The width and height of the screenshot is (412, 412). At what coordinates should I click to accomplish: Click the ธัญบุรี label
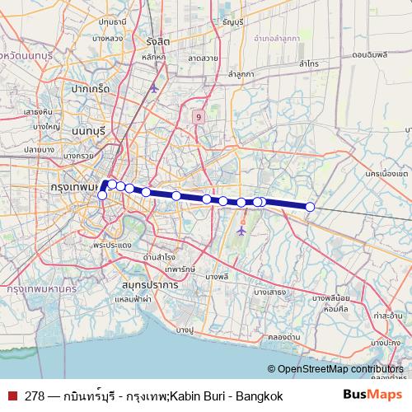pos(235,23)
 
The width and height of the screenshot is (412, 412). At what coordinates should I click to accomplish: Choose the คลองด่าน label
pos(283,336)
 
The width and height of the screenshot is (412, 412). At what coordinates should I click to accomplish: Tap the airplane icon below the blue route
pos(241,231)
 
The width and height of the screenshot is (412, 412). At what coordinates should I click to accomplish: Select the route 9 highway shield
pos(199,116)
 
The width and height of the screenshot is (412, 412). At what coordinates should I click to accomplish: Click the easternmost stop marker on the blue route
pos(310,207)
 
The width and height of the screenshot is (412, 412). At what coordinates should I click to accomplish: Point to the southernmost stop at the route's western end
pos(102,195)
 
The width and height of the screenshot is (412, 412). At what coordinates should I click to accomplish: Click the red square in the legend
pos(13,396)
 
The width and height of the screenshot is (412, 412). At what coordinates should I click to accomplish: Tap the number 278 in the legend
pos(35,396)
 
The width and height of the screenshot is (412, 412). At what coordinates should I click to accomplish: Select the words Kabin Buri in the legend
pos(194,396)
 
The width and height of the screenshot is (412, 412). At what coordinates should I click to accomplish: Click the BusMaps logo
pos(368,396)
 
